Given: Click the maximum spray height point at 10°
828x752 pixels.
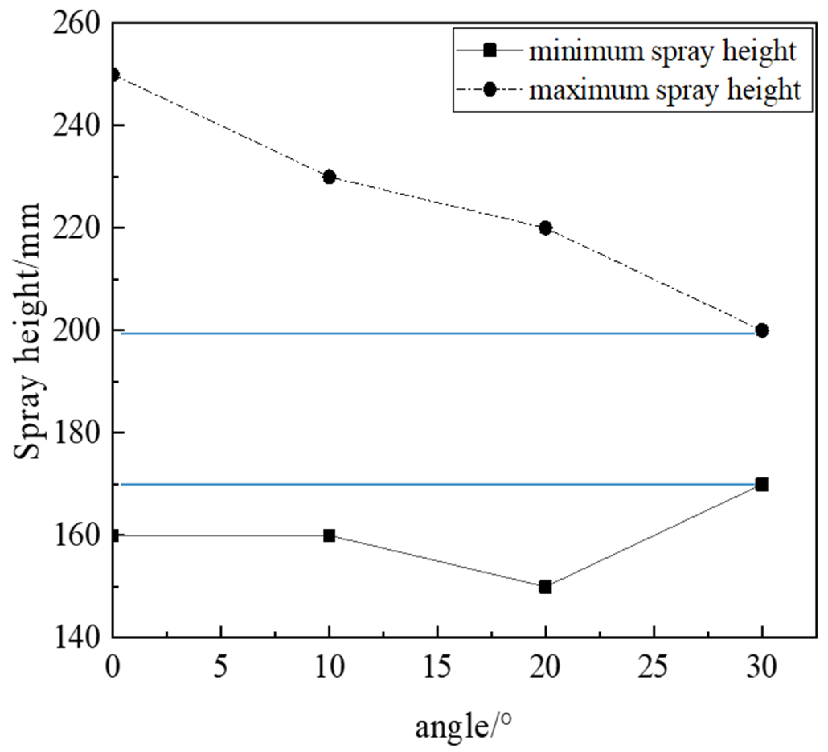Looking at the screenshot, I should pos(329,177).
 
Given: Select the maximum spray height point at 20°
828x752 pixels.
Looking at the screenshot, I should pos(545,227).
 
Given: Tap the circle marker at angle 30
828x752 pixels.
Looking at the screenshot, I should pos(762,330).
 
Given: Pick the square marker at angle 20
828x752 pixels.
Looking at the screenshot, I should pos(545,587).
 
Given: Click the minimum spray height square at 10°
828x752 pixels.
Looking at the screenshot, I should pos(329,535).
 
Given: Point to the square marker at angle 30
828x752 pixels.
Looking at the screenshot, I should pos(762,485).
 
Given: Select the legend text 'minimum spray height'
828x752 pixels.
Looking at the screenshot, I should pos(662,52).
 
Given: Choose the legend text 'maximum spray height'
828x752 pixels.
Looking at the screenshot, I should pos(664,90).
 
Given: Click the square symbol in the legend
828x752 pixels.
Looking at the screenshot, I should pos(490,51).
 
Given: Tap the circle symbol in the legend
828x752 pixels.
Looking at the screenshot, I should pos(490,90).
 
